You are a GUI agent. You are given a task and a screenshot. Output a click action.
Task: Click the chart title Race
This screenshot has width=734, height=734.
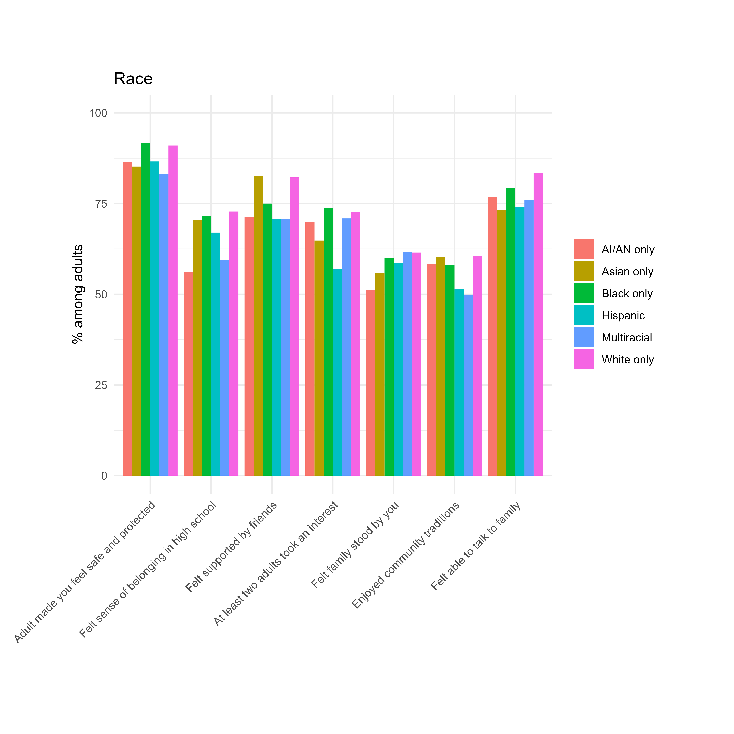(133, 79)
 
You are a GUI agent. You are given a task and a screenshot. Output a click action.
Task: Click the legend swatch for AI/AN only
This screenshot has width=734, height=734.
(584, 249)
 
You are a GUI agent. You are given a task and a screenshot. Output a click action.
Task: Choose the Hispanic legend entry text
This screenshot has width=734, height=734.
(623, 316)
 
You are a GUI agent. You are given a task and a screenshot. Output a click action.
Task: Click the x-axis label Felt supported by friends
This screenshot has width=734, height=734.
(232, 547)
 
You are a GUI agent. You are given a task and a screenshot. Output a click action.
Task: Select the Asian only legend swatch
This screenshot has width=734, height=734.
(584, 271)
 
